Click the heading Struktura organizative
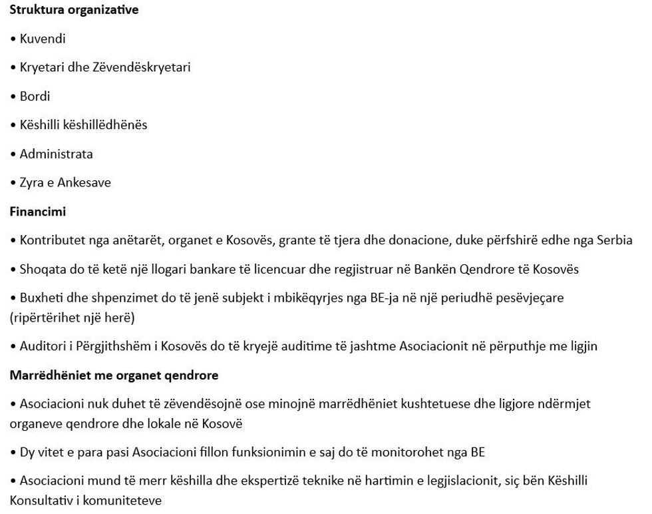click(74, 10)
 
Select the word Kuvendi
click(43, 39)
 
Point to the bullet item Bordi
click(35, 97)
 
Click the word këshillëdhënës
click(102, 125)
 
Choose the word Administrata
click(57, 154)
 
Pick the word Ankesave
click(84, 182)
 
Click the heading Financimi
click(37, 212)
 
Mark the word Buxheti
click(41, 298)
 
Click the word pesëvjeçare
click(530, 298)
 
